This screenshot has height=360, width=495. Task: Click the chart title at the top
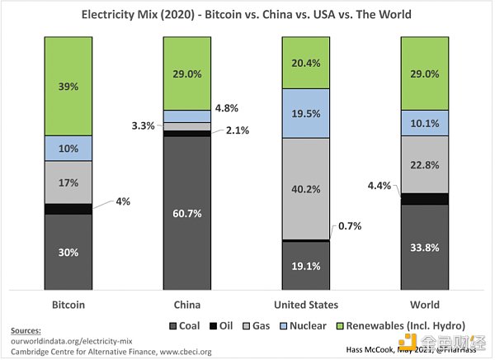(247, 14)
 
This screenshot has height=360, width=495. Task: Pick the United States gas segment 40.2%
(307, 188)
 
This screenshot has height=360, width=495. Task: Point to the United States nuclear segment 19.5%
(307, 113)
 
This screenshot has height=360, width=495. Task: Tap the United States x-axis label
(307, 303)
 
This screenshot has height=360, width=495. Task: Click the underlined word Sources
(27, 329)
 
